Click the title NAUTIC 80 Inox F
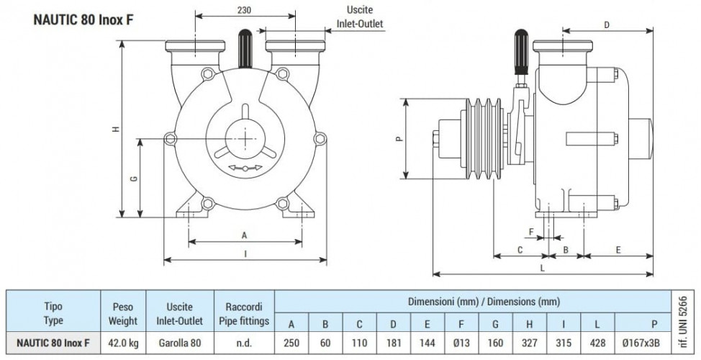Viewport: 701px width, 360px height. [x=83, y=20]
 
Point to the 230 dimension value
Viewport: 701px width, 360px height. [x=244, y=10]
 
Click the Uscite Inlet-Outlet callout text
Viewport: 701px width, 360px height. [x=359, y=17]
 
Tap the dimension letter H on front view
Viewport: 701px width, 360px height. [x=117, y=129]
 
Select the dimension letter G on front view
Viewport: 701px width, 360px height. [x=133, y=179]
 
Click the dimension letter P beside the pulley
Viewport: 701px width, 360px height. [x=399, y=138]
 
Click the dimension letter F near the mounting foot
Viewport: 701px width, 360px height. [x=531, y=232]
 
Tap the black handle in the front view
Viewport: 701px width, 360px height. [x=245, y=48]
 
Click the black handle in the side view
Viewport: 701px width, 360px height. [x=521, y=51]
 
